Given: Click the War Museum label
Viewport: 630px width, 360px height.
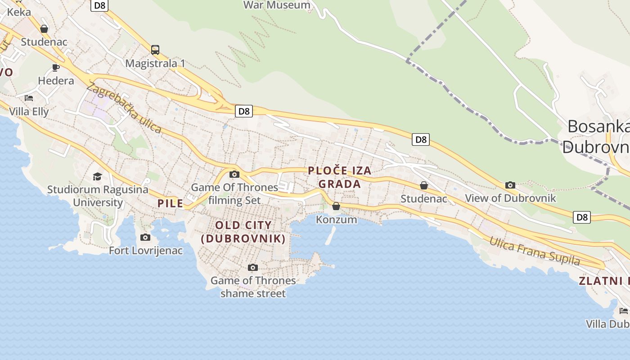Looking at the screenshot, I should pos(277,5).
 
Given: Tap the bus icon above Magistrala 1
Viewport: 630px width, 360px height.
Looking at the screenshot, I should pos(155,50).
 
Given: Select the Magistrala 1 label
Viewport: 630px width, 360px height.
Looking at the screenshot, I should pos(155,63).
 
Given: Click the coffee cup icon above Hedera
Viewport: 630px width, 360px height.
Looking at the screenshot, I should pos(56,68).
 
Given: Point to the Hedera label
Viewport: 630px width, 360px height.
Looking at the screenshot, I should pos(56,81).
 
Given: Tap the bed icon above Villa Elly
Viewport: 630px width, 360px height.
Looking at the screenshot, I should pos(29,98).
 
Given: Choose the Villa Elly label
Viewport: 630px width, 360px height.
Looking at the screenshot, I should pos(29,112).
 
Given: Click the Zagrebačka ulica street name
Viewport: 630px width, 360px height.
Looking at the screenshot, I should pos(124,108).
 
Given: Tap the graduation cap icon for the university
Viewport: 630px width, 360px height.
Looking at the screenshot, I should pos(98,176).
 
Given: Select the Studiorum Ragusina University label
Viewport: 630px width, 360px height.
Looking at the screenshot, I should pos(98,196).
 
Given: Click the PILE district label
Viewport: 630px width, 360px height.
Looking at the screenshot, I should pos(171,203).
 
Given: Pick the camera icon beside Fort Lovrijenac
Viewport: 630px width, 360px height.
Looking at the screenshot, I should pos(145,237).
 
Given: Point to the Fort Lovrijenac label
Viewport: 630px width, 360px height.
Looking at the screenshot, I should pos(146,251).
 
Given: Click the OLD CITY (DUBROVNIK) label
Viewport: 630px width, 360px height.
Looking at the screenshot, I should pos(243,232).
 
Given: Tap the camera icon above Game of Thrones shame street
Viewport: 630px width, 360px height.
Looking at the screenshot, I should pos(253,268).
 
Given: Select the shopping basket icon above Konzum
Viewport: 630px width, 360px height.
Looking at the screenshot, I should pos(336,207).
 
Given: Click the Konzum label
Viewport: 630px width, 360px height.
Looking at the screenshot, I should pos(336,220).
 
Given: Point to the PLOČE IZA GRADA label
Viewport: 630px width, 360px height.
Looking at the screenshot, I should pos(340,177).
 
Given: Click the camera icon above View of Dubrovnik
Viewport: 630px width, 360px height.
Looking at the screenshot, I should pos(510,185).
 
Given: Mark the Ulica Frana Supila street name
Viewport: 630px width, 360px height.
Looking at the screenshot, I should pos(535,251).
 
